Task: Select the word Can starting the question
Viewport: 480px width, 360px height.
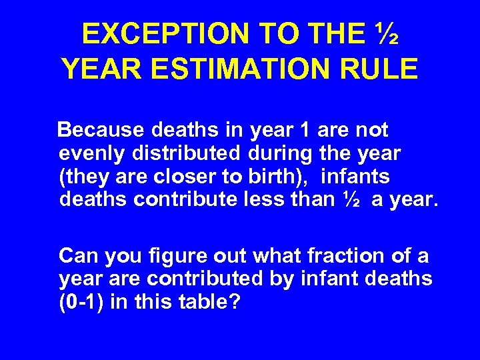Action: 77,255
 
